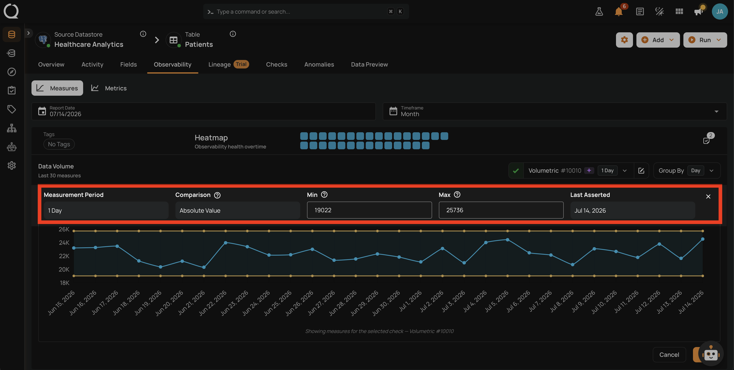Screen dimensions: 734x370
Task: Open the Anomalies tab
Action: tap(319, 64)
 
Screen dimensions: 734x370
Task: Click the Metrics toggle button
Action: tap(109, 88)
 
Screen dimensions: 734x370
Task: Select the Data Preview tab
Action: tap(369, 64)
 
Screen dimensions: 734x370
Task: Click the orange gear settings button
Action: tap(624, 40)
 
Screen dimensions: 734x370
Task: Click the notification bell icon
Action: tap(619, 12)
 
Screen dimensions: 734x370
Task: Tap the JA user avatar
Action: tap(720, 11)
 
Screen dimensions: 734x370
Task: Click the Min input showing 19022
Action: tap(369, 210)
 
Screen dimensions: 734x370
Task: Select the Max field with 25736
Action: tap(501, 210)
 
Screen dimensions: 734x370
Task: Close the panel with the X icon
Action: tap(708, 196)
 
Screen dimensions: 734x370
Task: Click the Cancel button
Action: tap(669, 355)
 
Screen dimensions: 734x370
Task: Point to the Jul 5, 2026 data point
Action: tap(508, 240)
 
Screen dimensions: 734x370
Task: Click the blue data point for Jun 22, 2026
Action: tap(226, 243)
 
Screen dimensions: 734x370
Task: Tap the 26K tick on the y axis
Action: tap(64, 229)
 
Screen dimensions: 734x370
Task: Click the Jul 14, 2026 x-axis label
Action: tap(691, 302)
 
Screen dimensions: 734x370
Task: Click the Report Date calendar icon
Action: tap(42, 111)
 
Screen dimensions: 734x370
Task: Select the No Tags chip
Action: tap(59, 144)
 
